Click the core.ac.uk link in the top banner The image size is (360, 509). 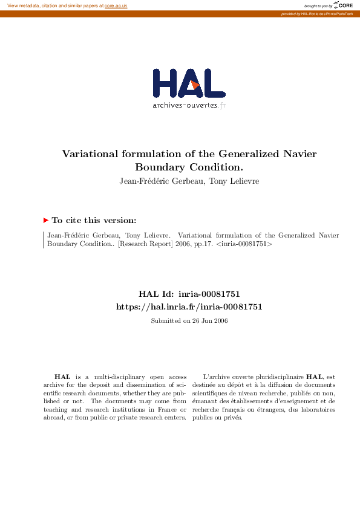[x=116, y=5]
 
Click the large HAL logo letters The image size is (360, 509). [x=189, y=83]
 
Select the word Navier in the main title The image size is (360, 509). [x=299, y=154]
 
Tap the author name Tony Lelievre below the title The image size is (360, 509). [x=234, y=181]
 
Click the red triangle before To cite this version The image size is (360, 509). [x=46, y=221]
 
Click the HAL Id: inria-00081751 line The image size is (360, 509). [x=189, y=294]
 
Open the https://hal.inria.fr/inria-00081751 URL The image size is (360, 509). [x=189, y=307]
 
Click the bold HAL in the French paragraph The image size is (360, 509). [x=315, y=377]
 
